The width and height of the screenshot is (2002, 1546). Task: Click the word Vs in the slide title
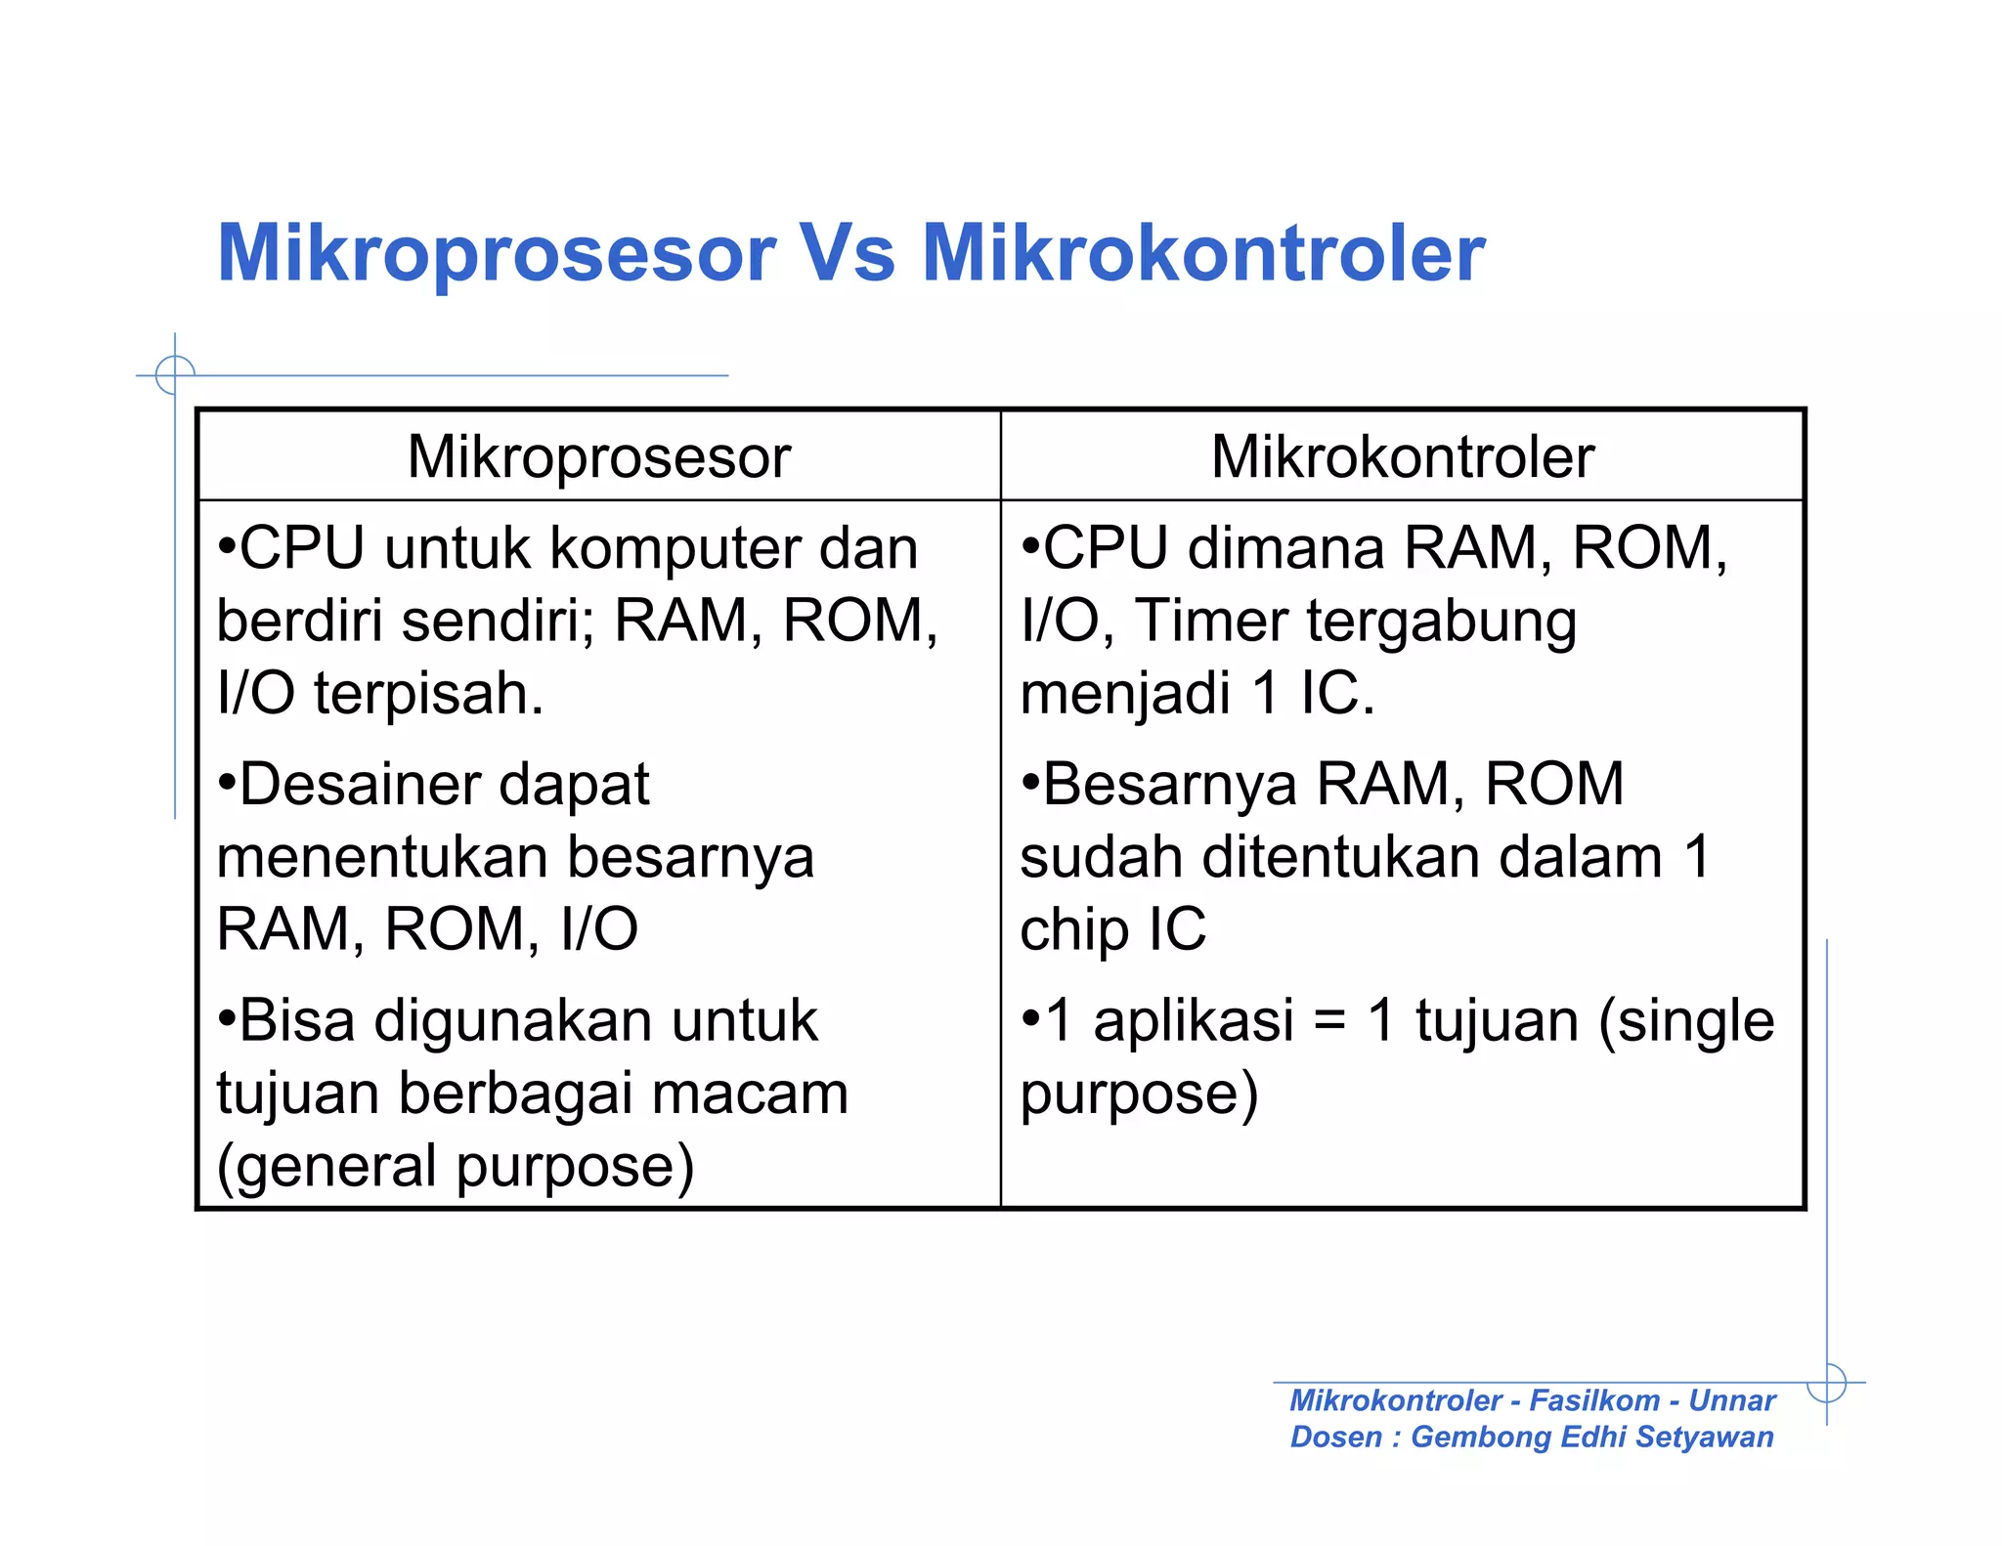[847, 254]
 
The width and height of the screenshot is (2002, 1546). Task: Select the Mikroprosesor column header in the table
[598, 456]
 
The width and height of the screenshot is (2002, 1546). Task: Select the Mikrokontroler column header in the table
[1402, 456]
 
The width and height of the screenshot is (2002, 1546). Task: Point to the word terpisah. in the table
[428, 693]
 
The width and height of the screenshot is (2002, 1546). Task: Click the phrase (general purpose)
[456, 1167]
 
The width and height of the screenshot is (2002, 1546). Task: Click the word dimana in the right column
[1285, 548]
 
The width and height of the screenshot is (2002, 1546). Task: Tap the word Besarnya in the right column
[1169, 785]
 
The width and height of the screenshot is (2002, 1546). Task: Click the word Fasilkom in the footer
[1593, 1400]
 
